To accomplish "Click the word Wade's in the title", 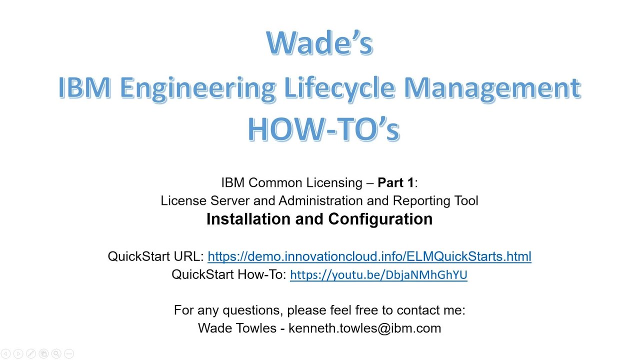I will tap(319, 43).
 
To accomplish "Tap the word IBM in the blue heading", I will tap(84, 87).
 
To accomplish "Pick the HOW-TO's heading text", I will tap(323, 129).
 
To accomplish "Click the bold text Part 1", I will tap(395, 182).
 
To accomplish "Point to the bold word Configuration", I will tap(380, 219).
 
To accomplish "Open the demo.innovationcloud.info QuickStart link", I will tap(369, 256).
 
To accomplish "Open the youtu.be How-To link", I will tap(378, 274).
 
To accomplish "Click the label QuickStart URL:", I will tap(155, 256).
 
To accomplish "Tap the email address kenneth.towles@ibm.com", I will tap(364, 328).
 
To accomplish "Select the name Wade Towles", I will tap(237, 328).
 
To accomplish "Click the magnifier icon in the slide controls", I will tap(56, 353).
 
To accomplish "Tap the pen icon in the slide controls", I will tap(30, 353).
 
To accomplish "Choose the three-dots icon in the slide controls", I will tap(69, 353).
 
